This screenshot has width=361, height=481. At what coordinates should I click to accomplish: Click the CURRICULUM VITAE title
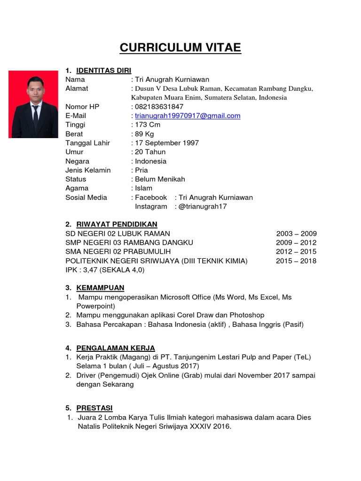tap(180, 47)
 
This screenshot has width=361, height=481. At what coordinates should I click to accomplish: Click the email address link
tap(188, 116)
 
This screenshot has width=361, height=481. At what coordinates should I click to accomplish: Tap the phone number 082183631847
tap(159, 107)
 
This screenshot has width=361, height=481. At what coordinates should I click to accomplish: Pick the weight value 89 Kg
tap(146, 134)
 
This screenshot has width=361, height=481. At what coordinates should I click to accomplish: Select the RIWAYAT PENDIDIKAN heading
tap(117, 224)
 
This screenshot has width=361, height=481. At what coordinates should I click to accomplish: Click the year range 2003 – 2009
tap(296, 233)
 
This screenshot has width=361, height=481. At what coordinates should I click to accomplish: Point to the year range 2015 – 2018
tap(296, 261)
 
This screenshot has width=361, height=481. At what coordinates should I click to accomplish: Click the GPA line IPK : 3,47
tap(105, 270)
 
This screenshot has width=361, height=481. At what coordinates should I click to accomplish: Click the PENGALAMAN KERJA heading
tap(116, 348)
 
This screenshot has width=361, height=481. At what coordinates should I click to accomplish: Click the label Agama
tap(77, 188)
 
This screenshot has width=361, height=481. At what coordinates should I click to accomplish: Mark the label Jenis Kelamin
tap(88, 170)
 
